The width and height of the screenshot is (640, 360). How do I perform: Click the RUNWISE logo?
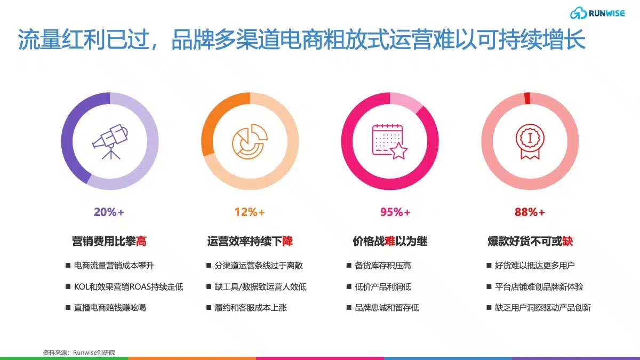coord(597,13)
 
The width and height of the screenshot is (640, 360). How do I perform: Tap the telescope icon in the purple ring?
coord(110,141)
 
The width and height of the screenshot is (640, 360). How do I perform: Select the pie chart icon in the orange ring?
coord(250,141)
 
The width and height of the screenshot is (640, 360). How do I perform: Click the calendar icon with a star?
coord(390,141)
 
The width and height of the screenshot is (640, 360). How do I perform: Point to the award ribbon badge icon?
coord(530,141)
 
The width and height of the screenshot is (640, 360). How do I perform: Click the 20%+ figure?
coord(109,212)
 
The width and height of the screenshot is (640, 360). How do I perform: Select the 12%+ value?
coord(250,212)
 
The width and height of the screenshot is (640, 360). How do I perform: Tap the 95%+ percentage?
coord(395,212)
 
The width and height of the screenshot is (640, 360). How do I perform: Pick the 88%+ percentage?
coord(530,212)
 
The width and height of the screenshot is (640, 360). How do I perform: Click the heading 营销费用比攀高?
coord(109,241)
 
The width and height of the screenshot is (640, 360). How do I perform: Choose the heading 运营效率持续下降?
coord(250,241)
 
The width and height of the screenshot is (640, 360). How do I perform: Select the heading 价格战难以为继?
coord(390,241)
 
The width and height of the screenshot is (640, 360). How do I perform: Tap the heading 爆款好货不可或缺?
coord(530,241)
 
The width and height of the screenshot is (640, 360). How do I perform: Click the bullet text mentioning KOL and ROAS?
coord(129,286)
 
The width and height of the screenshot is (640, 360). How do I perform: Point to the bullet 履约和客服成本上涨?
coord(251,308)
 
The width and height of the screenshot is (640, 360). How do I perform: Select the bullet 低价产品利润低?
coord(383,286)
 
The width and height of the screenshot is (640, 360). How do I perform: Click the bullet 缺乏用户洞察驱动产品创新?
coord(543,308)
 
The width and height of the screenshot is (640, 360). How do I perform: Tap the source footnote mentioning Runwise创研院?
coord(79,353)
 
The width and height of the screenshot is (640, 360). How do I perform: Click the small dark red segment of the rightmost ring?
coord(527,98)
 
